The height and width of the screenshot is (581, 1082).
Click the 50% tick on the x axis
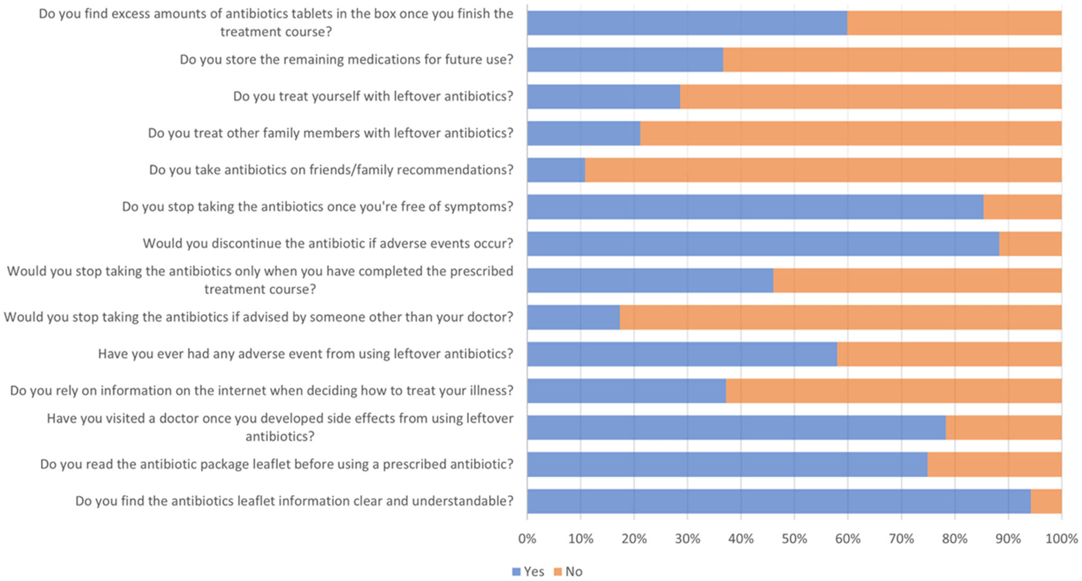tap(794, 539)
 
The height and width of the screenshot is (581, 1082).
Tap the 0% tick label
tap(527, 539)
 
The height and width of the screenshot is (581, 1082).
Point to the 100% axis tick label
tap(1062, 539)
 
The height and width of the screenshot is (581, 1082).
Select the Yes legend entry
tap(528, 571)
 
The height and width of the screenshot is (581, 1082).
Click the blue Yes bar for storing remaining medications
tap(625, 59)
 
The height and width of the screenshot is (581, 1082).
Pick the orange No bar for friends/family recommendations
tap(823, 170)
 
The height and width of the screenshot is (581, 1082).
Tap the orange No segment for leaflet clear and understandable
tap(1046, 501)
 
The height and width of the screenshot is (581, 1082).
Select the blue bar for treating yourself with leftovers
tap(604, 96)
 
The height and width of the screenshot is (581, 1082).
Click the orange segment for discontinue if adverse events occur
tap(1030, 244)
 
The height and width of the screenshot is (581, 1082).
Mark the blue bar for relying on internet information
tap(627, 391)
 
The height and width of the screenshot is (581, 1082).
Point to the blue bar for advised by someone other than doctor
tap(573, 317)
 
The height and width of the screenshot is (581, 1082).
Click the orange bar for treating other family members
tap(851, 133)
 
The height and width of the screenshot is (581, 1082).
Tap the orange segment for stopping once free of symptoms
tap(1022, 207)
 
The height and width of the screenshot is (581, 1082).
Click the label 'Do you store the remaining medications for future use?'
tap(346, 59)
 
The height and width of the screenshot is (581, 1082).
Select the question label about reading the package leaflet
tap(277, 464)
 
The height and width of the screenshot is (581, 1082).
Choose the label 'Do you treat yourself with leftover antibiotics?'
tap(373, 96)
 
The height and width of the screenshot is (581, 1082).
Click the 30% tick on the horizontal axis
tap(687, 539)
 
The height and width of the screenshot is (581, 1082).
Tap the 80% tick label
tap(955, 539)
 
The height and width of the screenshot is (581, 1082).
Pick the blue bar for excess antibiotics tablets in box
tap(687, 23)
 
